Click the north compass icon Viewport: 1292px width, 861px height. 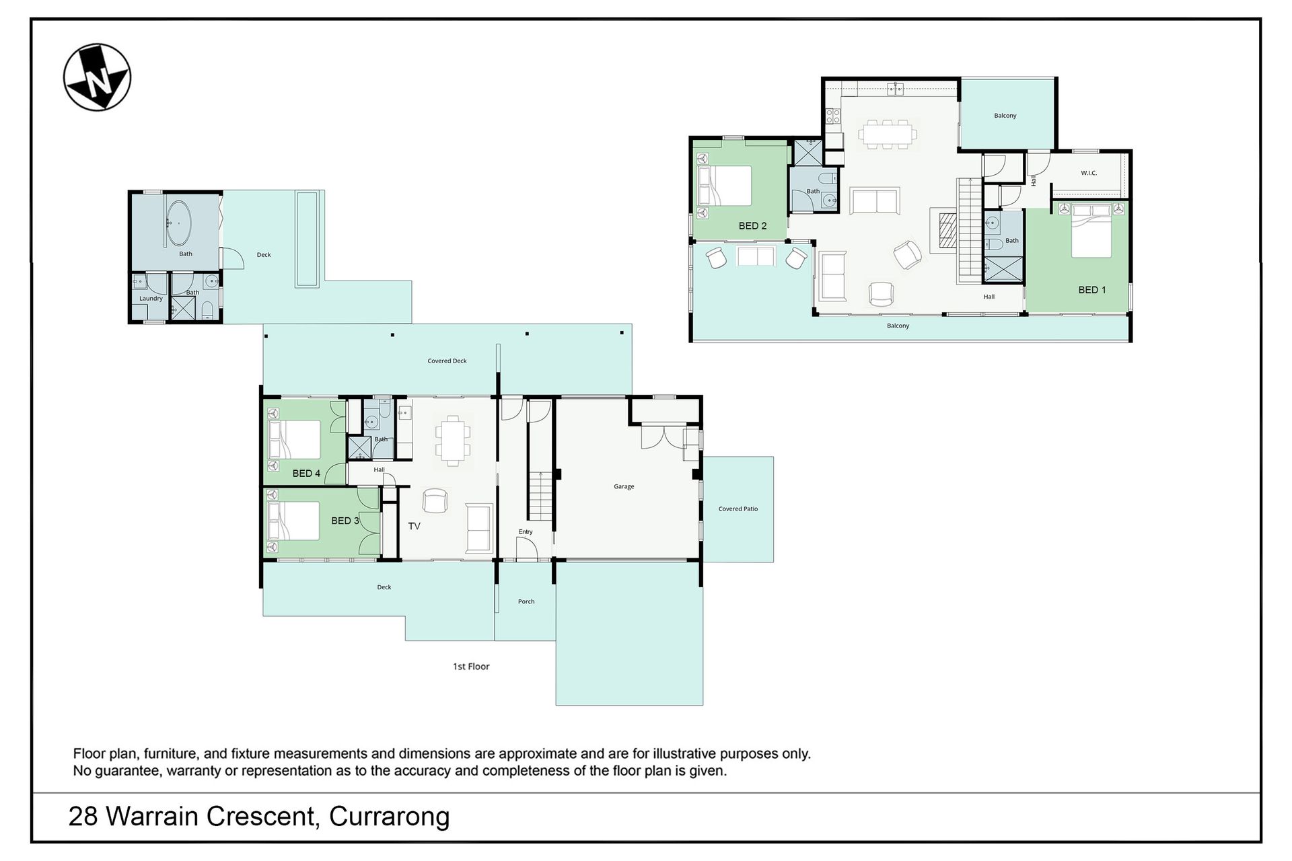point(97,77)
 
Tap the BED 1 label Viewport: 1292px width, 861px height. point(1092,290)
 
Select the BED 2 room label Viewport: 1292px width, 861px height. point(752,226)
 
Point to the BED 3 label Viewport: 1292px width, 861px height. point(345,521)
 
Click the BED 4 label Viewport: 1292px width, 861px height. point(306,474)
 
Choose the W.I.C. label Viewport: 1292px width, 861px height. point(1089,174)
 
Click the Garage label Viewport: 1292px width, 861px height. point(624,486)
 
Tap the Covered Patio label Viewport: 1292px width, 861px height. point(738,509)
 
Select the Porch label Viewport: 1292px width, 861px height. point(526,601)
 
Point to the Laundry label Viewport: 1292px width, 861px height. point(151,299)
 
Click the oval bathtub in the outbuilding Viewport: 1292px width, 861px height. point(179,223)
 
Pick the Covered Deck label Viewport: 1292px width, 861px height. point(447,361)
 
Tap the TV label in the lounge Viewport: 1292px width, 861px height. point(414,526)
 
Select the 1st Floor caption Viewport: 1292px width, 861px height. point(471,667)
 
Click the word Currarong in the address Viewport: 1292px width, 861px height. point(390,817)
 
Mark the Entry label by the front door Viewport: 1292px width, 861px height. point(526,532)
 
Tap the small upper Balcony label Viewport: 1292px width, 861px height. point(1005,116)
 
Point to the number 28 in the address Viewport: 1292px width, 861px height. point(83,817)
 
